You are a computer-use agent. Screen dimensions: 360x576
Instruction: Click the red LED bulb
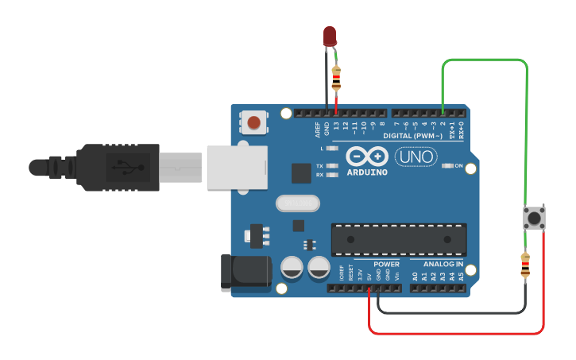[330, 36]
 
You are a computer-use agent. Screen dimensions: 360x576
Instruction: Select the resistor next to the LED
[336, 78]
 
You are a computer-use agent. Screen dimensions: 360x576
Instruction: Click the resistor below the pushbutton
[524, 265]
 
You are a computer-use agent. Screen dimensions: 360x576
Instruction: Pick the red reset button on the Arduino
[253, 122]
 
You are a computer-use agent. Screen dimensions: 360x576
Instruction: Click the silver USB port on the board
[236, 167]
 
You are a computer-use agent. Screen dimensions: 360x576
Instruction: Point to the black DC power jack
[245, 272]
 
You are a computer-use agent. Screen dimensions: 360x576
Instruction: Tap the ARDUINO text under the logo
[367, 172]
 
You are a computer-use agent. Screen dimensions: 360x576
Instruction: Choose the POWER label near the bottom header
[387, 264]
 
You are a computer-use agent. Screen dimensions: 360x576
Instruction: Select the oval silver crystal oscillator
[297, 203]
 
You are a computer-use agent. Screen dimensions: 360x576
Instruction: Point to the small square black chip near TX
[301, 172]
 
